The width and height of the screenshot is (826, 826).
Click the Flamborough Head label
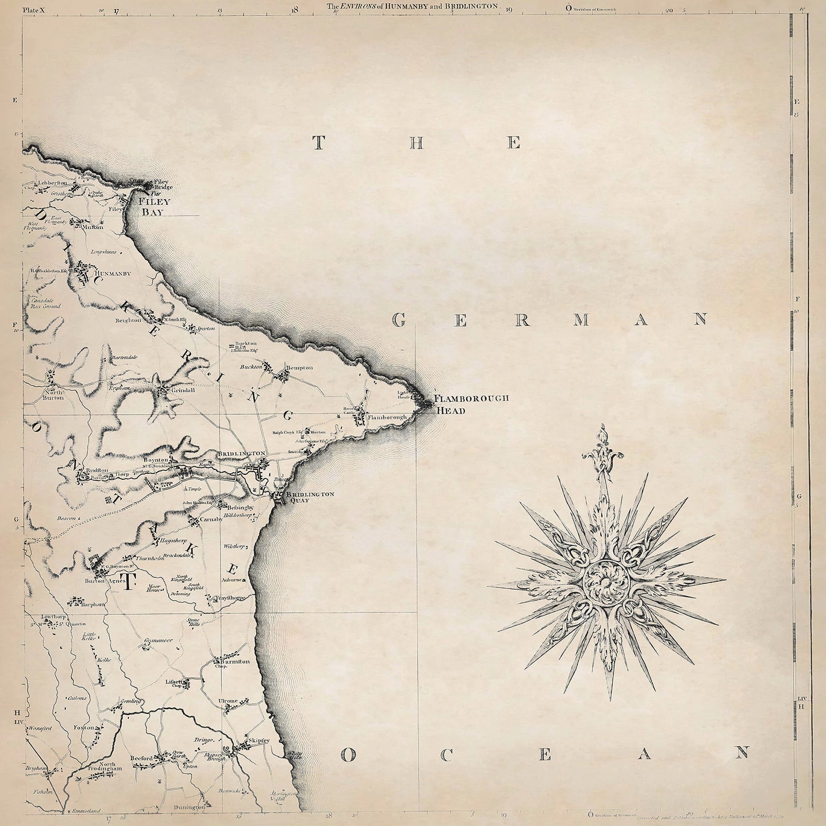tap(471, 404)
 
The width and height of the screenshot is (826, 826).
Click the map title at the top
tap(413, 6)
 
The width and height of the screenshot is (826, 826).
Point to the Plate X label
tap(34, 7)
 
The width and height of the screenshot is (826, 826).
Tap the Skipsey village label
tap(257, 741)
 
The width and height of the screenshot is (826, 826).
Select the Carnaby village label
tap(209, 520)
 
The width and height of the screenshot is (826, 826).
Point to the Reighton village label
tap(128, 321)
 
